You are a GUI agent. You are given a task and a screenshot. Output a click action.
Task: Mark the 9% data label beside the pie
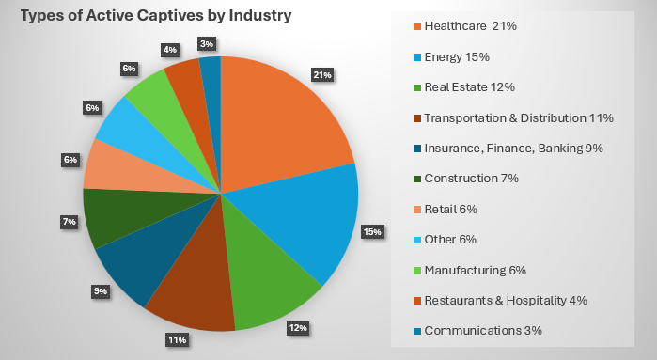point(101,291)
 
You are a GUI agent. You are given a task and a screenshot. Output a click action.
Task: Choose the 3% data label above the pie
point(205,43)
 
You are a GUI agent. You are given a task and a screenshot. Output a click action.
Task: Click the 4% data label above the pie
point(169,49)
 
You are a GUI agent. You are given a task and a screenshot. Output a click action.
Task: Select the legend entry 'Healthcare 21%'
point(471,25)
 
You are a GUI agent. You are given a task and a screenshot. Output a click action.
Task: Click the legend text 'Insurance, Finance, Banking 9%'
point(513,148)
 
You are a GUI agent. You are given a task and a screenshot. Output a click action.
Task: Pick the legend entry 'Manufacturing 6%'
point(475,270)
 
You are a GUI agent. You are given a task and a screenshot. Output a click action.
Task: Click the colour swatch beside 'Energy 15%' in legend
point(415,56)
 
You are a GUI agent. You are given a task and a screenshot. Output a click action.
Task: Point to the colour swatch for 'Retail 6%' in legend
point(415,209)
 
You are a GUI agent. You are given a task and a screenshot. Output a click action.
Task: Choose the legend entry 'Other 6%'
point(452,239)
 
